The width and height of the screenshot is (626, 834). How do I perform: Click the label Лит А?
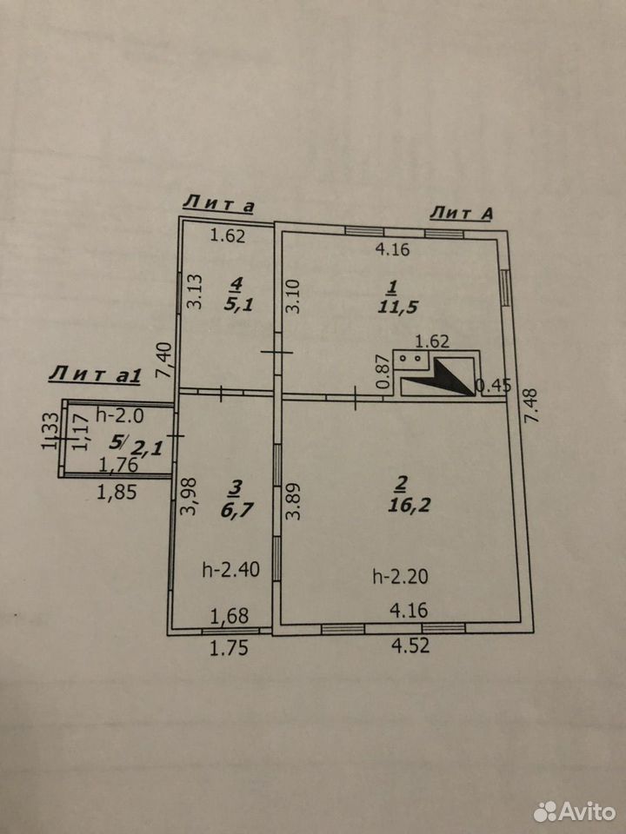[462, 213]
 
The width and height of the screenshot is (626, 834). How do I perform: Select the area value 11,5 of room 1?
[397, 307]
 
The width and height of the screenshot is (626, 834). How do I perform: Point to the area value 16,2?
[409, 505]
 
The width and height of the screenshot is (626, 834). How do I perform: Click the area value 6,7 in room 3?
[237, 511]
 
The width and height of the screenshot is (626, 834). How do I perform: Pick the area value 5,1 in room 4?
[236, 305]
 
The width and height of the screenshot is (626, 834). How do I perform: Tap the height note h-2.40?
[231, 570]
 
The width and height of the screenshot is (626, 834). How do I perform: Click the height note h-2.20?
[400, 576]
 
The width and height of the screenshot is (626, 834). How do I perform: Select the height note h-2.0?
[120, 415]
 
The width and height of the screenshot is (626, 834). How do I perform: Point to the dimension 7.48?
[530, 406]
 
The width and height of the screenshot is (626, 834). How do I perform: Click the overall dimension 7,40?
[164, 360]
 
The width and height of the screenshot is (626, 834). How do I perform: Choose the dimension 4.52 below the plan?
[410, 645]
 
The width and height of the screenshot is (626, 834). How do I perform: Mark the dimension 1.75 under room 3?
[229, 648]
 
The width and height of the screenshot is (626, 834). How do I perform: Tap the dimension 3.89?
[293, 500]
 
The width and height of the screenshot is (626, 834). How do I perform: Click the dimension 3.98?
[190, 496]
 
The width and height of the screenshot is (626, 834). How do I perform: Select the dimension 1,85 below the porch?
[117, 492]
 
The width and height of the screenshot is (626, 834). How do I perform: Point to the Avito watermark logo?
[575, 811]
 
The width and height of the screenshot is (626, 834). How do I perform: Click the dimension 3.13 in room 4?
[196, 292]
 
